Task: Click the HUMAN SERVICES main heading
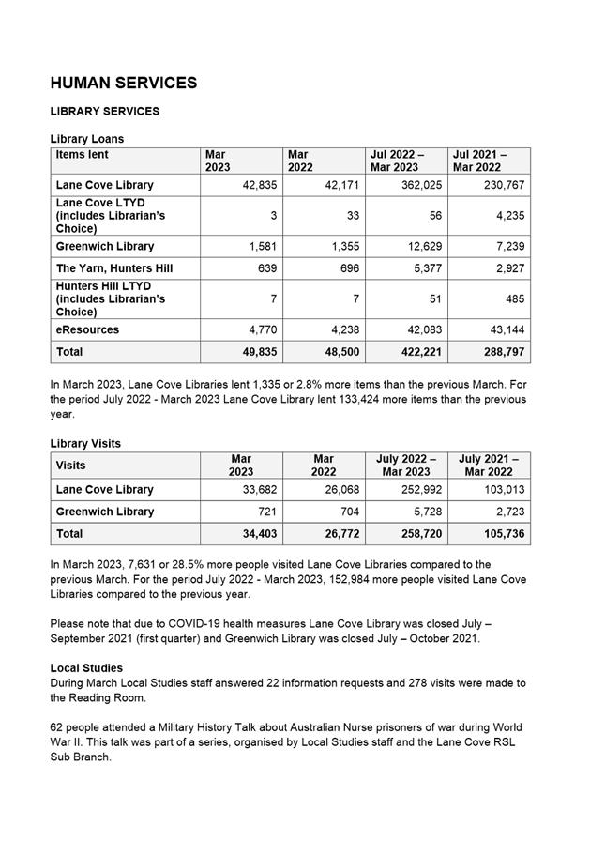[124, 83]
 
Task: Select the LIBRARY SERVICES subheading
[105, 112]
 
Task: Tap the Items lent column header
[83, 155]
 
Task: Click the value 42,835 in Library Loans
[259, 185]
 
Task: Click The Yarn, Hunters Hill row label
[114, 268]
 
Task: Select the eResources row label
[87, 330]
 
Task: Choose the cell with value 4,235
[507, 216]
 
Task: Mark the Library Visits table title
[85, 443]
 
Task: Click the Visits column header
[70, 466]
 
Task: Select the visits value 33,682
[259, 490]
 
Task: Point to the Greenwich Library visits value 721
[267, 512]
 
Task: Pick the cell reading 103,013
[504, 490]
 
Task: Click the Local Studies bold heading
[86, 668]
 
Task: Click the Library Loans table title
[86, 139]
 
